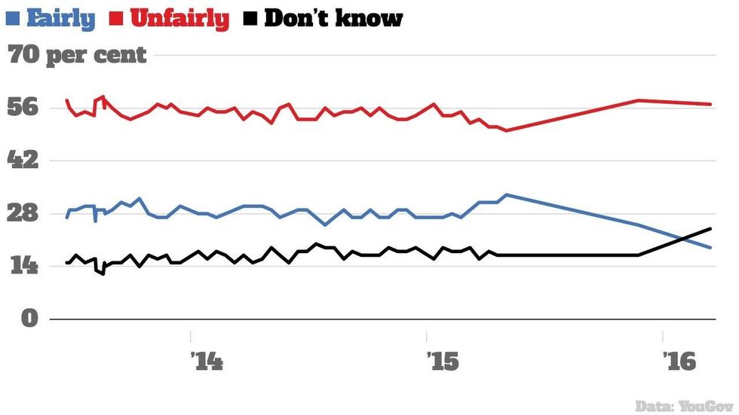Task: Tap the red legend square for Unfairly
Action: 118,17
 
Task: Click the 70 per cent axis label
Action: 77,55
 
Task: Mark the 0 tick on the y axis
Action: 29,318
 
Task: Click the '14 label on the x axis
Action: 207,361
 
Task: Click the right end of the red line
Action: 710,104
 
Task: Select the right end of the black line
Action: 710,228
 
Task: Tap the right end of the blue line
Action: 710,247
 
